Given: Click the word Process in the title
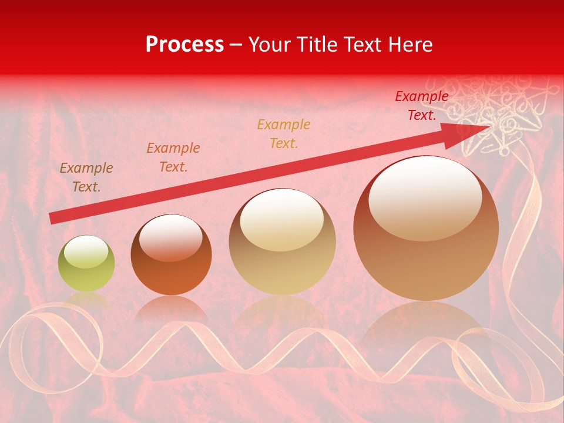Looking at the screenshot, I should point(184,45).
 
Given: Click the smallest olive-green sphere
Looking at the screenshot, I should point(86,263).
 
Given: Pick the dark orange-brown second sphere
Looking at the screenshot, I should point(171,254).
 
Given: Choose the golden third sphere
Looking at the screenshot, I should point(282,241).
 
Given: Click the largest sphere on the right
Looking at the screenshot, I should point(426,228).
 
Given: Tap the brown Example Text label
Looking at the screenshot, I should point(86,177).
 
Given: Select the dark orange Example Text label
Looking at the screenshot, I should point(173,157).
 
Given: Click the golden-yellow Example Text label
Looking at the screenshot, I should point(284,133).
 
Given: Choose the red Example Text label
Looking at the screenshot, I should point(421,106).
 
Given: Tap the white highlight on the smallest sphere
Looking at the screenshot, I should point(86,252).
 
